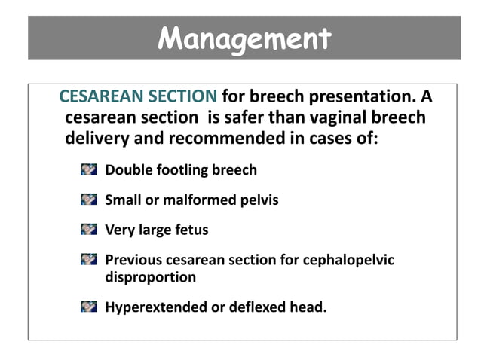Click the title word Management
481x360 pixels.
click(245, 38)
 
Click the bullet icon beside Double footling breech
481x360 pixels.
click(90, 169)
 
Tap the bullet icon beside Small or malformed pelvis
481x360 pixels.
click(90, 200)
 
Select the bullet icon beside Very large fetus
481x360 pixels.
click(90, 230)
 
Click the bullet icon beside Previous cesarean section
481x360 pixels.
click(90, 260)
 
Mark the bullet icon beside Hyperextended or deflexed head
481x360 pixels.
click(90, 306)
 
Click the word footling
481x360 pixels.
click(178, 170)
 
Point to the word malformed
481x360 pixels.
click(199, 200)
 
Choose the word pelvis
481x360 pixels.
click(259, 200)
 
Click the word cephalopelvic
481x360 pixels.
click(348, 261)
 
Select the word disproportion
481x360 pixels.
click(150, 277)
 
